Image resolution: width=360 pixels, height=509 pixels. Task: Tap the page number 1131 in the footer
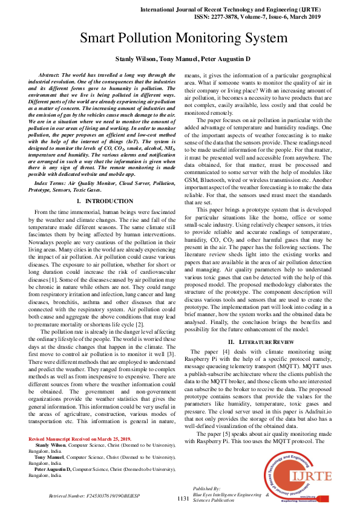[x=183, y=498]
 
